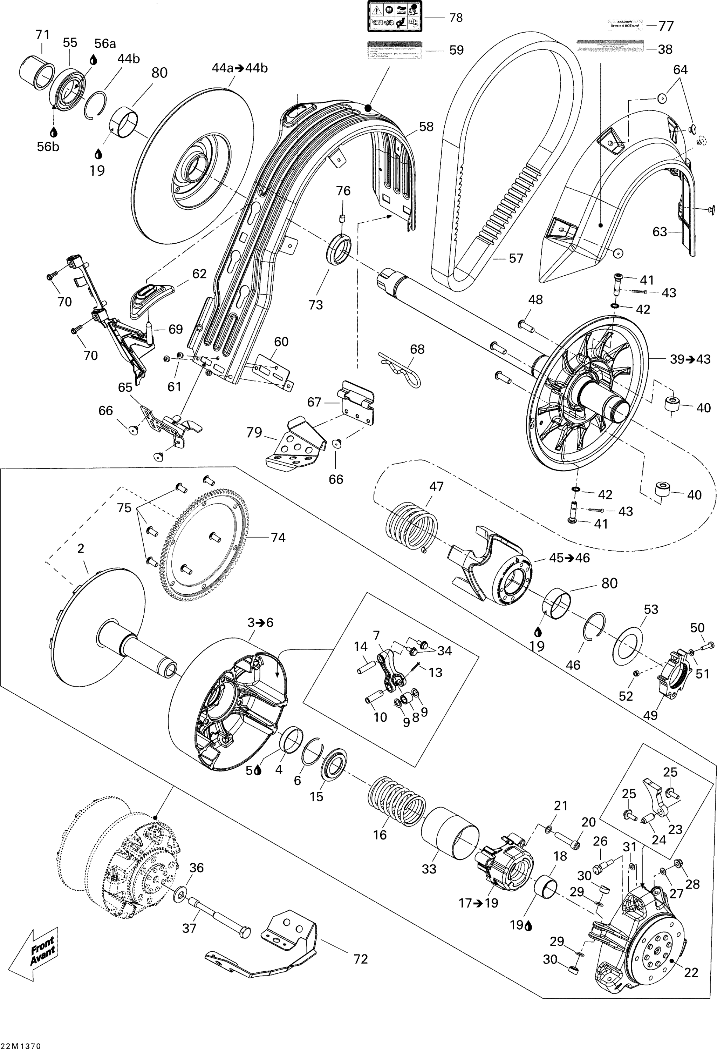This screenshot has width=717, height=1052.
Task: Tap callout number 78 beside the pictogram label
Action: pos(456,18)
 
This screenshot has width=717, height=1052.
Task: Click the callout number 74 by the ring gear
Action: pos(278,537)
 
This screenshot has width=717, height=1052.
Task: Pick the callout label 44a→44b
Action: pos(240,68)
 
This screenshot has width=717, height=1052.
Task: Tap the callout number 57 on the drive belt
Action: pos(516,258)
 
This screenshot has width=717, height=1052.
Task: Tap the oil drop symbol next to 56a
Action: pos(93,59)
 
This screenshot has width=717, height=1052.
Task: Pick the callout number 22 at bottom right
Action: pos(691,972)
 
